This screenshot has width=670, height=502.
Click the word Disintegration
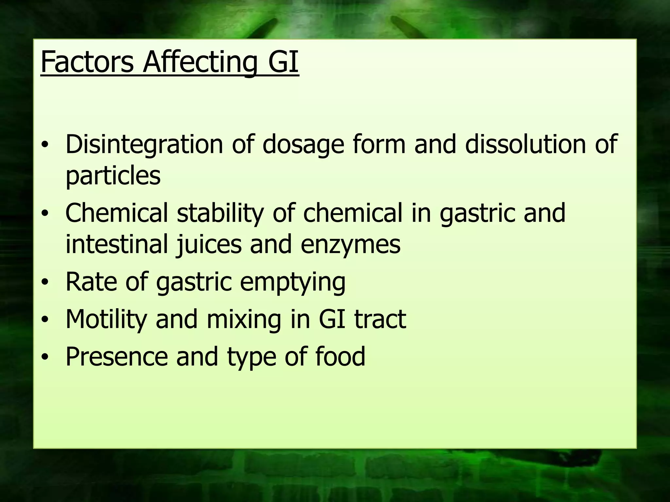pyautogui.click(x=144, y=144)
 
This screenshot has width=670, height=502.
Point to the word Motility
pyautogui.click(x=106, y=319)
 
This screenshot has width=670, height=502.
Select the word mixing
pyautogui.click(x=244, y=319)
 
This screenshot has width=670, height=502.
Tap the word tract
pyautogui.click(x=380, y=319)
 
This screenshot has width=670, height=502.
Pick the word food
pyautogui.click(x=340, y=357)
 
